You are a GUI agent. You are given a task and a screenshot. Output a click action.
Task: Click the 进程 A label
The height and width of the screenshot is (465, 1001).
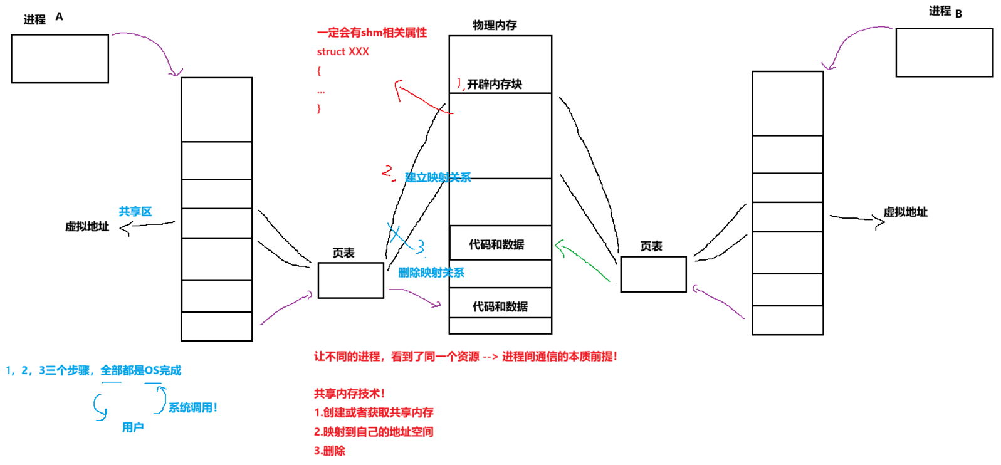pos(43,18)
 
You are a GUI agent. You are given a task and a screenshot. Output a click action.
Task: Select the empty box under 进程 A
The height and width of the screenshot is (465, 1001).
pos(60,58)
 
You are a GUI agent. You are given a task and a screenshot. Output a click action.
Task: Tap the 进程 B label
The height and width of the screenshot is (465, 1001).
pos(945,11)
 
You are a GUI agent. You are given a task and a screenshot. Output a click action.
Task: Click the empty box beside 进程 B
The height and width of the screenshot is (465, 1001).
pos(944,53)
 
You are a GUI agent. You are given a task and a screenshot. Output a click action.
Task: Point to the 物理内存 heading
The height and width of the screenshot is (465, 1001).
pos(495,25)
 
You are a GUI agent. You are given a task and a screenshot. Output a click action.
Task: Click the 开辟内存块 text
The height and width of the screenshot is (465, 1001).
pos(495,84)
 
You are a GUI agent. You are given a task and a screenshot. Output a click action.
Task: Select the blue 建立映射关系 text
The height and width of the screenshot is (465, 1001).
pos(438,177)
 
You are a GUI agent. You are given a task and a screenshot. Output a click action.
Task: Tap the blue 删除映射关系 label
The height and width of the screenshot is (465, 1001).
pos(431,273)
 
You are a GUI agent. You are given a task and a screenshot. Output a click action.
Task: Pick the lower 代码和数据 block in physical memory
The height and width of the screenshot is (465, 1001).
pos(500,306)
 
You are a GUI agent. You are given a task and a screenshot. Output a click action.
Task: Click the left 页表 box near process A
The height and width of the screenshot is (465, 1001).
pos(350,280)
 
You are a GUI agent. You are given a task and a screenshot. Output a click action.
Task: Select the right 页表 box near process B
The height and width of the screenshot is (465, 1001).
pos(653,274)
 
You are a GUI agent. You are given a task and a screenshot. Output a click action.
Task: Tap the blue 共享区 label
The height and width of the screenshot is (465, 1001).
pos(135,211)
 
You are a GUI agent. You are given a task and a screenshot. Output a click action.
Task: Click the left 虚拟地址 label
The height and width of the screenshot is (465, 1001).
pos(87,226)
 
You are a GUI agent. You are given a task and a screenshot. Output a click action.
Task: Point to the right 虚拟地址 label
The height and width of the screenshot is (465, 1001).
pos(905,212)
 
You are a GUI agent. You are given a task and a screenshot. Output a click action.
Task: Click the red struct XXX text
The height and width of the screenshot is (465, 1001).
pos(343,51)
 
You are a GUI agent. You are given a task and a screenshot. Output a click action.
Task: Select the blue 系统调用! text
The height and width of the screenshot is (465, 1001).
pos(192,407)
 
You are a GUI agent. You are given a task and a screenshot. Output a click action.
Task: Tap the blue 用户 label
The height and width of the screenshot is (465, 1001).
pos(133,427)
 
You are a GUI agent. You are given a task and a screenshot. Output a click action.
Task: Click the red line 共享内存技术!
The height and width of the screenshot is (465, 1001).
pos(349,394)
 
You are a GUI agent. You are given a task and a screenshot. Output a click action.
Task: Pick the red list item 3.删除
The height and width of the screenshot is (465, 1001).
pos(330,451)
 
